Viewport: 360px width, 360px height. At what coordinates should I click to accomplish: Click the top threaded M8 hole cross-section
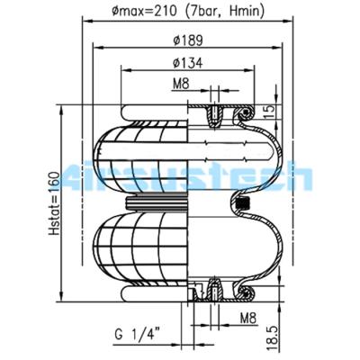click(216, 113)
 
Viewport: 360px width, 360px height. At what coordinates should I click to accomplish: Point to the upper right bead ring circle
click(242, 114)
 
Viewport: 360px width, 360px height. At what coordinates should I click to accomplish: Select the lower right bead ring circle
click(242, 292)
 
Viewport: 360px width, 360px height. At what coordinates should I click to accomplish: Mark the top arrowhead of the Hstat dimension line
click(62, 105)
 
